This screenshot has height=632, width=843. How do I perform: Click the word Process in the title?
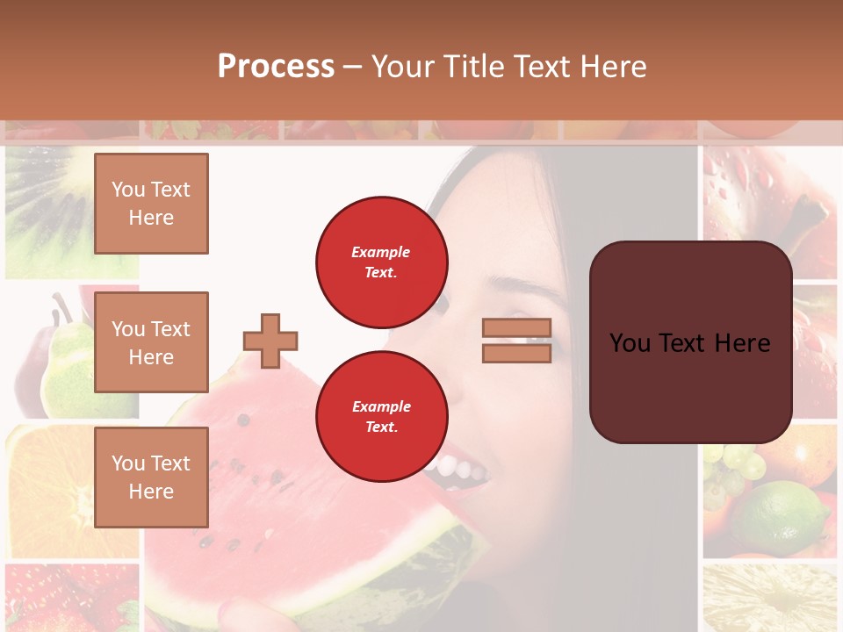pos(276,67)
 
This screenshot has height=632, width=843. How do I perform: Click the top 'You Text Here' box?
pos(151,204)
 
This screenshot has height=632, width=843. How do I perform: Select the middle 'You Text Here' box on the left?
pos(151,342)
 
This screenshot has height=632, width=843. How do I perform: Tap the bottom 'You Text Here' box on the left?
pos(151,477)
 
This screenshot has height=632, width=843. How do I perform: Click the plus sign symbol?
pos(270,341)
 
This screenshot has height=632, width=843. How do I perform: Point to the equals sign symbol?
pos(516,341)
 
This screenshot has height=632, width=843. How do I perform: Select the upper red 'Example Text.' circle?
pos(382,262)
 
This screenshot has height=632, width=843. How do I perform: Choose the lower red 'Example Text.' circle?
pos(382,417)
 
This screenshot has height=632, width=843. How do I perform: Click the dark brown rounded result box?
pos(690,342)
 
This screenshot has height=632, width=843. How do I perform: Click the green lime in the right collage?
pos(782,518)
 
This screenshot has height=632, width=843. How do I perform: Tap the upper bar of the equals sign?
pos(516,328)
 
